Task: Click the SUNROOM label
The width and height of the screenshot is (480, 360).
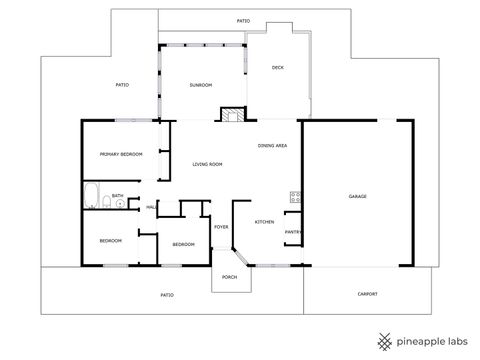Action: [200, 85]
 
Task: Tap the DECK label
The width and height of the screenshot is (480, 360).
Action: [278, 68]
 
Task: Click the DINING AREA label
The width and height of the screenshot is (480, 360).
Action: [273, 146]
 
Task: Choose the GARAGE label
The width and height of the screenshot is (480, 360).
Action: [358, 196]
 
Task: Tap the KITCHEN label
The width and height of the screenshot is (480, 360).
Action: [264, 221]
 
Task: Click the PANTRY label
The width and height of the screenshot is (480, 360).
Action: [293, 232]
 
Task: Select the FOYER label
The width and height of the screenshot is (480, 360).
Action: [221, 227]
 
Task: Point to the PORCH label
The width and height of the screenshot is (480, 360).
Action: [229, 277]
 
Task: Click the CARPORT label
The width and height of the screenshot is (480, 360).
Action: [368, 293]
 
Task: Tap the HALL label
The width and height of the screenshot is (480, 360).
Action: [151, 207]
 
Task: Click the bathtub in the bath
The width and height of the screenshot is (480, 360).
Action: [89, 193]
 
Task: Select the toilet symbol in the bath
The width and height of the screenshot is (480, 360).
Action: [105, 204]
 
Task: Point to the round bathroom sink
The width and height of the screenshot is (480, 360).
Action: [121, 203]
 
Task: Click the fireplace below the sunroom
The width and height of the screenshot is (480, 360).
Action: [232, 114]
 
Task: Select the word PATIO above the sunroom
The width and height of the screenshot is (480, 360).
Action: [243, 20]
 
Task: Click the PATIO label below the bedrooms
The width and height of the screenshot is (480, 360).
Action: [167, 295]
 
